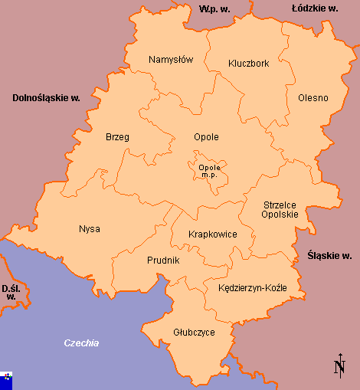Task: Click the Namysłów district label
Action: click(x=171, y=60)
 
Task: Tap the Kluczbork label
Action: click(x=249, y=64)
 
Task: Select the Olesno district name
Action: click(x=313, y=97)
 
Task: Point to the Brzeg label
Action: click(x=117, y=137)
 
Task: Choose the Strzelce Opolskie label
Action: click(x=280, y=209)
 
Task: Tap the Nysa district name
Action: click(x=90, y=228)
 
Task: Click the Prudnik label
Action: click(x=163, y=261)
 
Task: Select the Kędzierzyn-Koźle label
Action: click(x=252, y=288)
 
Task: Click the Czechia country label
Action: click(x=81, y=343)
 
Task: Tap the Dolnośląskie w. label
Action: click(x=46, y=98)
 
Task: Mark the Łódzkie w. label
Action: click(x=315, y=8)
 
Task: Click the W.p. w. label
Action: click(x=215, y=8)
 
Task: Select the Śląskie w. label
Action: click(x=329, y=255)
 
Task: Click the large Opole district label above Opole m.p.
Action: click(x=206, y=137)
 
